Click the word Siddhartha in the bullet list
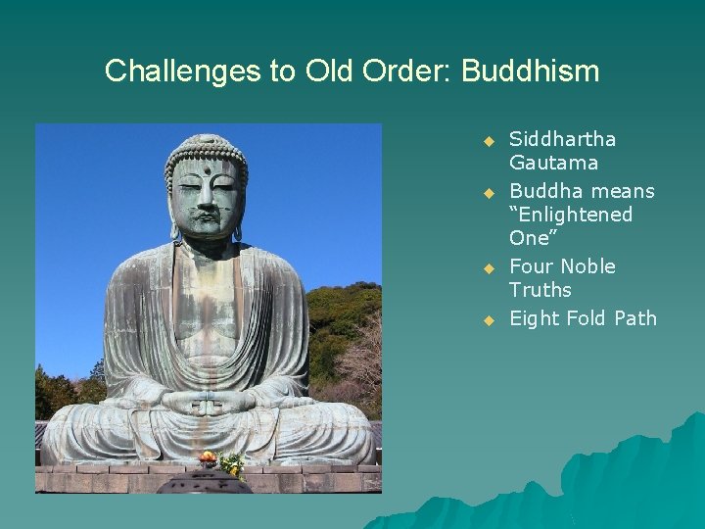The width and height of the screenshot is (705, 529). (562, 139)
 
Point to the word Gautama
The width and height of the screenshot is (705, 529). (553, 163)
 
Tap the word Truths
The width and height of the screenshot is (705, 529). (540, 290)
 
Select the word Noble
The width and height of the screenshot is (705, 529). (586, 266)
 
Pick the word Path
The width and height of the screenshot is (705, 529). (636, 318)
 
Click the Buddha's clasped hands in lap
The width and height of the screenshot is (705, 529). (208, 401)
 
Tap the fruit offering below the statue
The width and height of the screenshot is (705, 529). (207, 457)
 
